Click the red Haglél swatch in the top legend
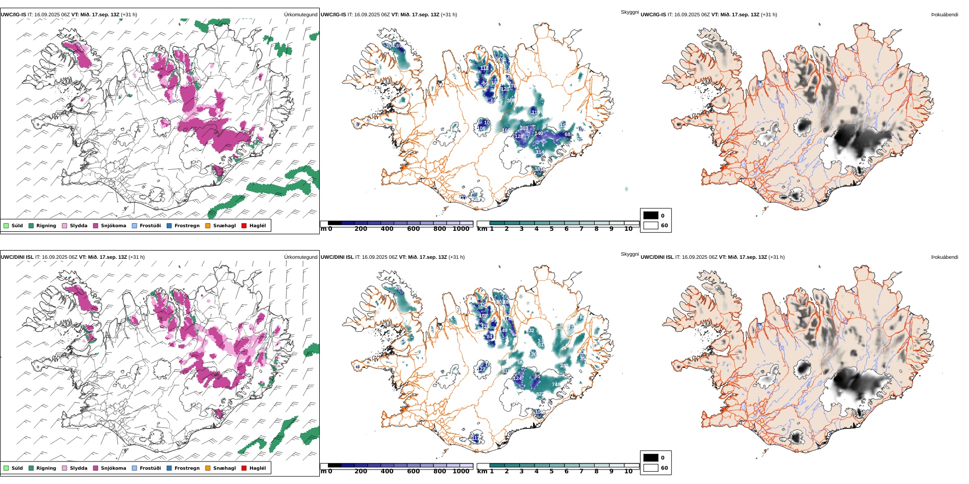[244, 226]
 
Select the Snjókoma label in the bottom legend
[113, 468]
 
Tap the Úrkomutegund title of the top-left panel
[300, 15]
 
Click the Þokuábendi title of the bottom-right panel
[945, 257]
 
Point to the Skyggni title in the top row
[629, 12]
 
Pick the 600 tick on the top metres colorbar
[413, 229]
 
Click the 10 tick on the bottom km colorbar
[628, 471]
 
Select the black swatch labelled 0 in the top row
[651, 216]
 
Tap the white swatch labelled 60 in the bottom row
[651, 468]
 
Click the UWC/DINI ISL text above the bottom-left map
[17, 257]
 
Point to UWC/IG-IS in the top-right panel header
[653, 15]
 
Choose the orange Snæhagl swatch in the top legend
[208, 226]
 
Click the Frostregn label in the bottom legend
[187, 468]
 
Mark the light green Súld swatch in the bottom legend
[6, 468]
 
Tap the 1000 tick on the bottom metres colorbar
[461, 471]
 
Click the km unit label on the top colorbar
[482, 229]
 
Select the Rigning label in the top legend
[46, 226]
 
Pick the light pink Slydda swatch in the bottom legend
[64, 468]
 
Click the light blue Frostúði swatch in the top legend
[134, 226]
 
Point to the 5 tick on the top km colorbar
[551, 229]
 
